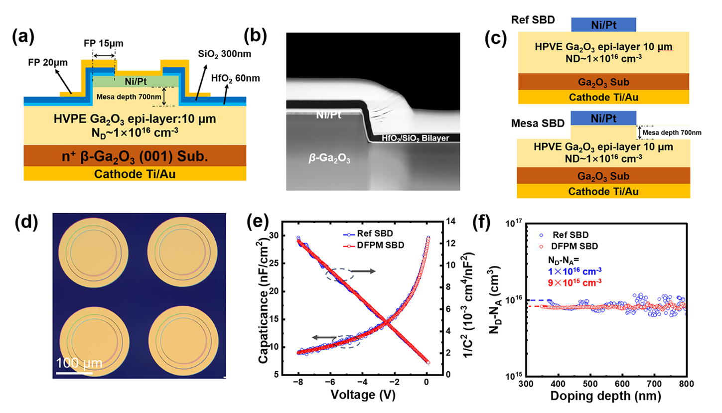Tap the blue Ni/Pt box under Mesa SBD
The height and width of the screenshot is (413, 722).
[603, 118]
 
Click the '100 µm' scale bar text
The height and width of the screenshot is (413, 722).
[74, 361]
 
